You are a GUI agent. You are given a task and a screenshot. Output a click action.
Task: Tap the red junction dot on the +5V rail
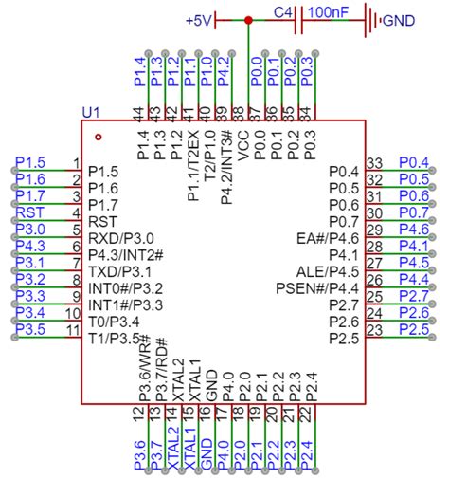(248, 19)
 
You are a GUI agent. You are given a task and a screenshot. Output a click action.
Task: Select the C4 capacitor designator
(283, 12)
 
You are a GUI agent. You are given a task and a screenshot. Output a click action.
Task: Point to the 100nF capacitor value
(328, 13)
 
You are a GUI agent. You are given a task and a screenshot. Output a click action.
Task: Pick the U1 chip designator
(91, 112)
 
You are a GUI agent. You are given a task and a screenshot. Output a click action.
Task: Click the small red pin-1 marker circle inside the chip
(99, 137)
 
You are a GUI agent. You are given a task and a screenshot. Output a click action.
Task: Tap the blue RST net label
(29, 212)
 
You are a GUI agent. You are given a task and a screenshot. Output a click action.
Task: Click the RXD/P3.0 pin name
(120, 237)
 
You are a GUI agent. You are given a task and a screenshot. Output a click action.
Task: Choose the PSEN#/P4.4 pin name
(317, 287)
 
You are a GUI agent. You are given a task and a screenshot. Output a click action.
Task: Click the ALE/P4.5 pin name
(324, 271)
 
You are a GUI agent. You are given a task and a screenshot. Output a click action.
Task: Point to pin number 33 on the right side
(374, 163)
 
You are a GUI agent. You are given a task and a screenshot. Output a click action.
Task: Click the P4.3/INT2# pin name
(126, 254)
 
